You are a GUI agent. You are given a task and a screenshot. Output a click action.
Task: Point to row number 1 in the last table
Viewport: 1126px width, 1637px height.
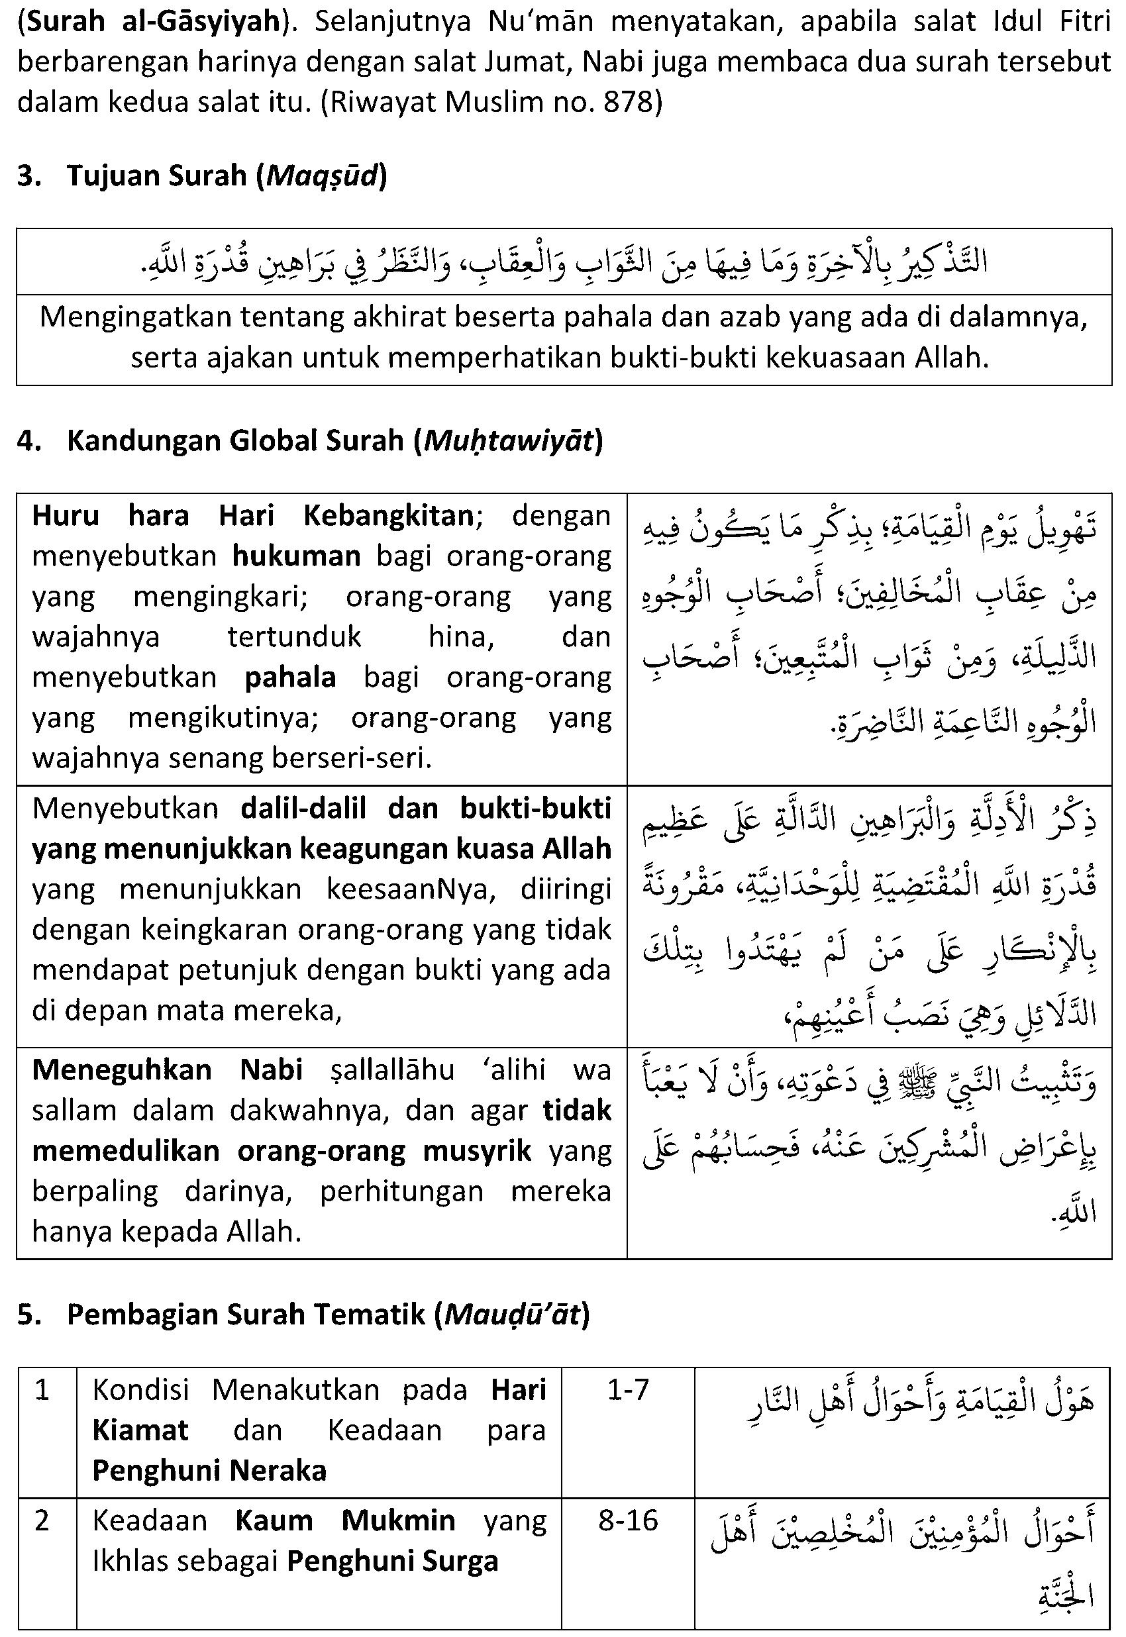(42, 1390)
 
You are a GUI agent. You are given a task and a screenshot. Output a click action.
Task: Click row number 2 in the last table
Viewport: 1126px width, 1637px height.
(42, 1520)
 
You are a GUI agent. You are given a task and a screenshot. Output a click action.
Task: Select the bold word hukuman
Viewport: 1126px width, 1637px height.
(296, 556)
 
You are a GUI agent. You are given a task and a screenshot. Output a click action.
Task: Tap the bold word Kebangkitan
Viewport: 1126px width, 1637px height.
(388, 517)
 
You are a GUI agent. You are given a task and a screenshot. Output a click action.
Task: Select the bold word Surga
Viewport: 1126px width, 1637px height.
(464, 1561)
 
